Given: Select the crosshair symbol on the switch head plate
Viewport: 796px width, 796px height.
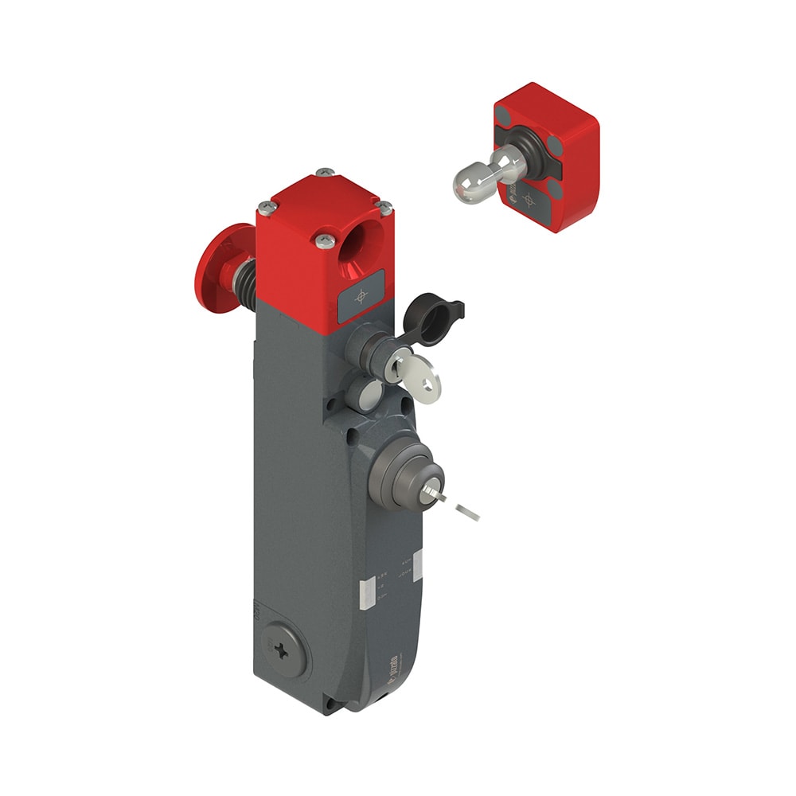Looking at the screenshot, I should (x=361, y=296).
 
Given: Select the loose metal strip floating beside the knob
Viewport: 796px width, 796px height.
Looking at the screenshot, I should (x=466, y=511).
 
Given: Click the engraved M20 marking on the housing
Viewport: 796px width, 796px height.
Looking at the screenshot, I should (x=256, y=612).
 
